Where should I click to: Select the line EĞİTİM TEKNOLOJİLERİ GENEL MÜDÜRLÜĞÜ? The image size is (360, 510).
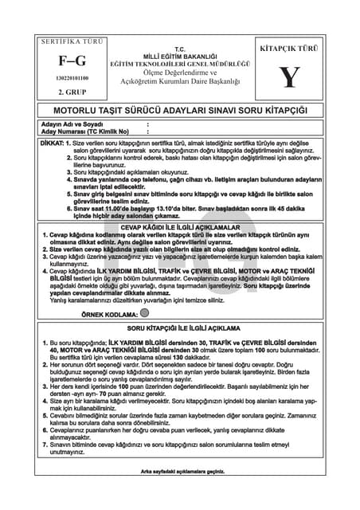[x=180, y=63]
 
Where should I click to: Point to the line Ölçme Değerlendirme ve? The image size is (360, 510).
[x=180, y=73]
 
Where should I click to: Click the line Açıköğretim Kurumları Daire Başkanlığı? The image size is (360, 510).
[x=180, y=82]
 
